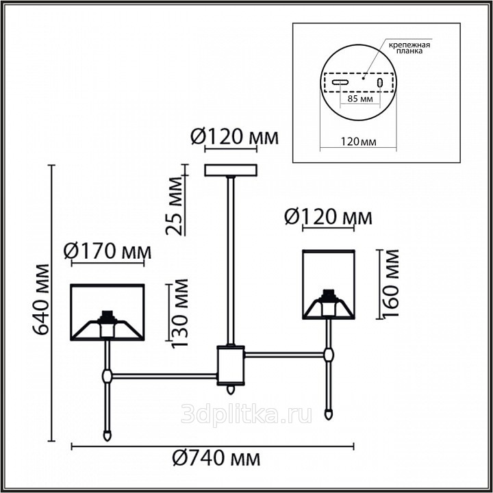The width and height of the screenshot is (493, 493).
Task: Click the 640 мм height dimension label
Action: (x=42, y=299)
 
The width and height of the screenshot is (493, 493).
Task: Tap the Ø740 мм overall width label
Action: (x=216, y=458)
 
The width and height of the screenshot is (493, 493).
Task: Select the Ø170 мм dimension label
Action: (x=108, y=251)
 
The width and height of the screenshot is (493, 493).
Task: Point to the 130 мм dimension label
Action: (x=180, y=313)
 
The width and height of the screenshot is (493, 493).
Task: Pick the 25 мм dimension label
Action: (x=174, y=206)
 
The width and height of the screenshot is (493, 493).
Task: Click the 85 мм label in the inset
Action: (x=360, y=99)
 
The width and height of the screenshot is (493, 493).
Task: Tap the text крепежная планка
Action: (x=409, y=47)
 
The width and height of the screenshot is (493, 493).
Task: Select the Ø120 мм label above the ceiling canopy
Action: (x=235, y=137)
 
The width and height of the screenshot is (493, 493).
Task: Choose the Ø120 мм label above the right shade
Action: (x=328, y=217)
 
